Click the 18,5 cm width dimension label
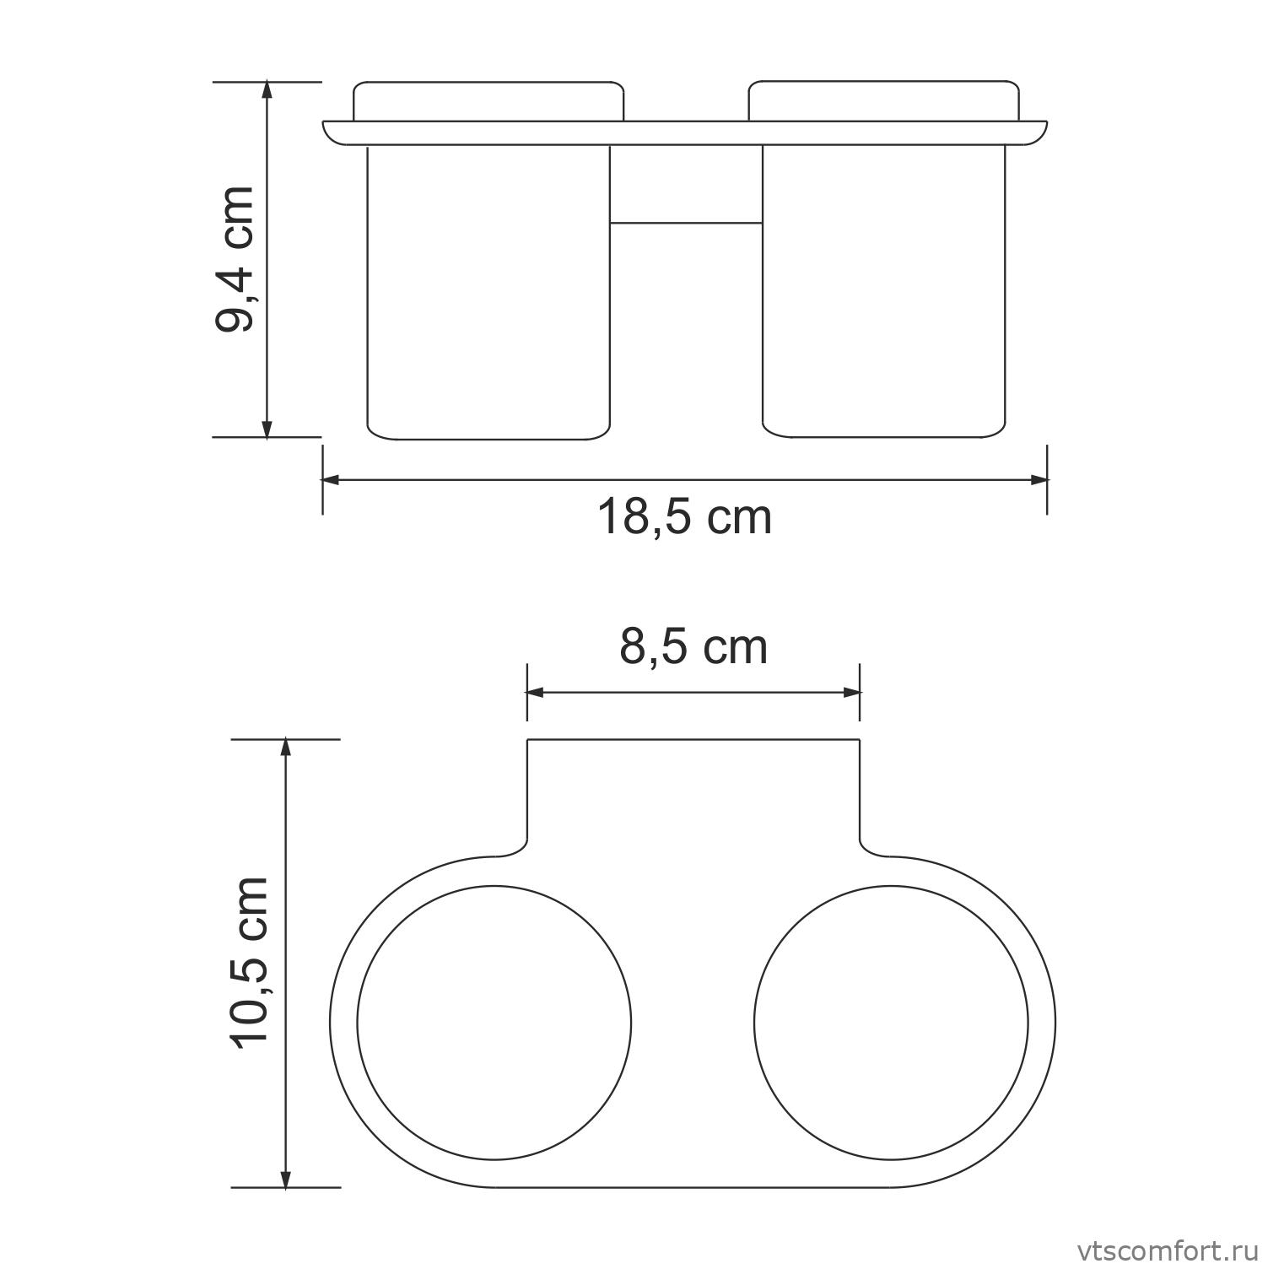[684, 517]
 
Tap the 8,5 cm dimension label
[693, 648]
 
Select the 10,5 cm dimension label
[251, 962]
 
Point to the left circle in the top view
[494, 1023]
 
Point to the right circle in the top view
[891, 1023]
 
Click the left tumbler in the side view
[488, 291]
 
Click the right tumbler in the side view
[883, 291]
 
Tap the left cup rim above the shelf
[488, 100]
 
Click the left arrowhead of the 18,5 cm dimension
[331, 480]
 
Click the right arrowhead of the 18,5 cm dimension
[1039, 480]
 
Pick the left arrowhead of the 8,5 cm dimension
[536, 693]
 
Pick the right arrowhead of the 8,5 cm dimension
[851, 693]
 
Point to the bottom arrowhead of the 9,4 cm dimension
[267, 429]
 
